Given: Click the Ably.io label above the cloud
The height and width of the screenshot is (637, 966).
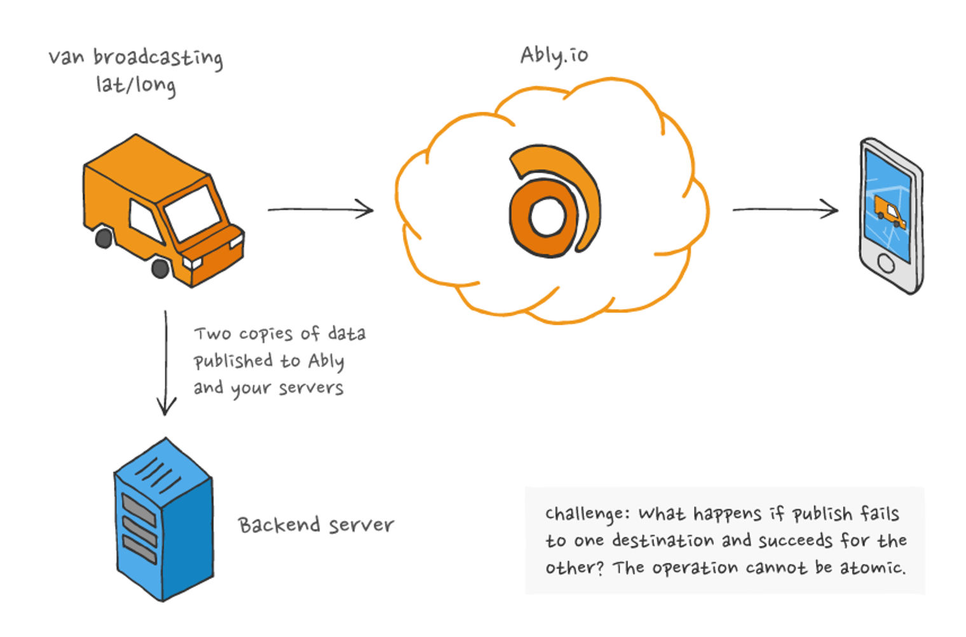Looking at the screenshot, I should point(554,56).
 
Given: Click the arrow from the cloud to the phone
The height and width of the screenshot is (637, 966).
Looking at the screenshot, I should point(785,209).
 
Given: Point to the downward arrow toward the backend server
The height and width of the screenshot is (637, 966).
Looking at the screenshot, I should point(166,362).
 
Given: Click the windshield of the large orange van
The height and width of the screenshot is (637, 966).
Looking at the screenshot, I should point(192,213).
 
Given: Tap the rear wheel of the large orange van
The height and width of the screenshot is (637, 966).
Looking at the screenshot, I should point(104,238).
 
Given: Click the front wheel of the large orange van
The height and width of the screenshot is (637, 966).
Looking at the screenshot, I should point(160,267).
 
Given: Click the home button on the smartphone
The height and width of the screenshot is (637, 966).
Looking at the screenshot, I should point(886,262).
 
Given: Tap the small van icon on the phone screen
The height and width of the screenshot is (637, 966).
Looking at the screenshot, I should point(889,211).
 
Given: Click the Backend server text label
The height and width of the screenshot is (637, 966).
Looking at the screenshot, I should point(316,525).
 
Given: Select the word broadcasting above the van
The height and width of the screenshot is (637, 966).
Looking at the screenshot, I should point(158,58).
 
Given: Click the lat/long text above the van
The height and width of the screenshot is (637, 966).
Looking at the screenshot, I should point(135,84).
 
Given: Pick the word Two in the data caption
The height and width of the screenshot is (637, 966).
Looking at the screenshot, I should point(212,334).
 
